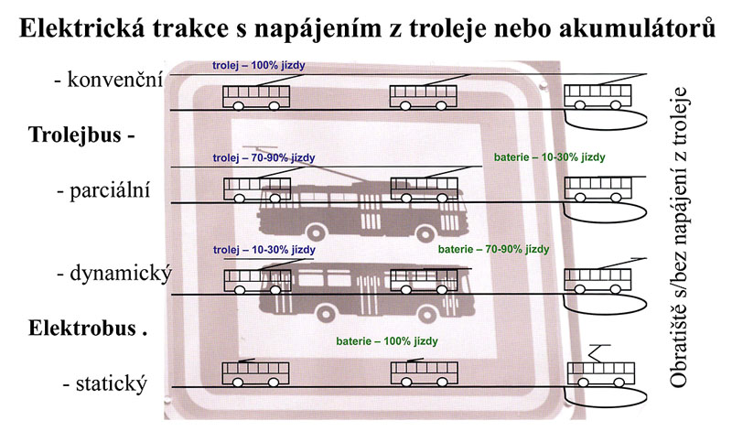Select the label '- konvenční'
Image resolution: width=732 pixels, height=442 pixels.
[109, 80]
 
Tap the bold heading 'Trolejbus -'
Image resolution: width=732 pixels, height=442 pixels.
[81, 135]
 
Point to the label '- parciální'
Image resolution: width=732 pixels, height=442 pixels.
[103, 191]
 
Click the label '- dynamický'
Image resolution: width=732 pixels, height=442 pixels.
[114, 274]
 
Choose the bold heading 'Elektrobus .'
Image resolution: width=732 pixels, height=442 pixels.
[88, 329]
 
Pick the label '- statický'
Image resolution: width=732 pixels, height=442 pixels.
[105, 384]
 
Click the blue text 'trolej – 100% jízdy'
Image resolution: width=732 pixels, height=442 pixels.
[259, 65]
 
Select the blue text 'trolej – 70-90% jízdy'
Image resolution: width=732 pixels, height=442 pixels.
[264, 158]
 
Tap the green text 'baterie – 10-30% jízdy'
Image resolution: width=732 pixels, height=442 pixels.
[550, 157]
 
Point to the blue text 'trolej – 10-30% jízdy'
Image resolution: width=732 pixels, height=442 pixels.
[264, 250]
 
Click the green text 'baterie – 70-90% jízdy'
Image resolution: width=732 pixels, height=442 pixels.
[493, 249]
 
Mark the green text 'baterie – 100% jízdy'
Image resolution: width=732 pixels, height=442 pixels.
[387, 341]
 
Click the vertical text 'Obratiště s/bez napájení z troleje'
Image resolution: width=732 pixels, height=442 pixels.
[679, 237]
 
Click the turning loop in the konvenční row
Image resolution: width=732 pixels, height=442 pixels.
[606, 120]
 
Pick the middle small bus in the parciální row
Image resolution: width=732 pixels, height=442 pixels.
[424, 189]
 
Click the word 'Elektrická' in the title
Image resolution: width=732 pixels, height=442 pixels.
[81, 28]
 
